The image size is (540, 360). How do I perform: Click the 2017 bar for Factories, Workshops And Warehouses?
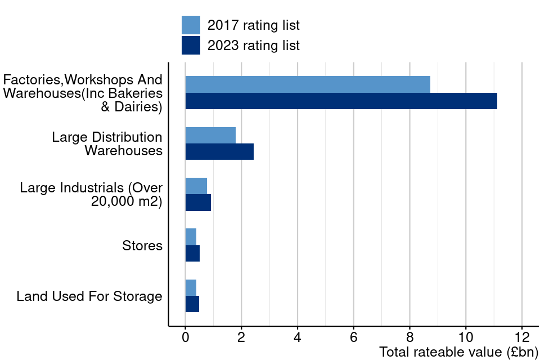(308, 84)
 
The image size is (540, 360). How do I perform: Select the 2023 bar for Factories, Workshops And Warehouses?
(341, 101)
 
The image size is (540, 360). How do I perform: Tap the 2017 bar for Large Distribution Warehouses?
(210, 135)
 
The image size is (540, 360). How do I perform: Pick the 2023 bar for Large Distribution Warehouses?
(219, 151)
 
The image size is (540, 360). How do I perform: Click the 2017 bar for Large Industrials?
(196, 186)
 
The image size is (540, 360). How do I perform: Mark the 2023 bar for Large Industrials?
(198, 202)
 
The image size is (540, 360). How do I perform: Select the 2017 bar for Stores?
(191, 237)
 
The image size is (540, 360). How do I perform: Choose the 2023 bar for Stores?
(192, 253)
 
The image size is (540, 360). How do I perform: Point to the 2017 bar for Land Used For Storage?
(191, 287)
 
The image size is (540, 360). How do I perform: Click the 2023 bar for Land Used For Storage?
(192, 304)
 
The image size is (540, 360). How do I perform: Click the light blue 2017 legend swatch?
(191, 25)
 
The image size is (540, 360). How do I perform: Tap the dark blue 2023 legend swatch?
(191, 46)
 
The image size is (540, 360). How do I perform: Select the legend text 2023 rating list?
(253, 46)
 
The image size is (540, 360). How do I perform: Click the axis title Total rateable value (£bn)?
(458, 353)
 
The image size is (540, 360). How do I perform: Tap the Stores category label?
(142, 246)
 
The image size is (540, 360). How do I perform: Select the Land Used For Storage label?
(89, 296)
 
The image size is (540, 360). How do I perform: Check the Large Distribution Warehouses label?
(107, 143)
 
